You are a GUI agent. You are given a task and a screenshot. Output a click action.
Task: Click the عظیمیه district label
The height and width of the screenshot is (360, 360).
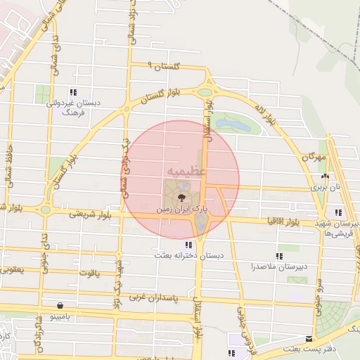(186, 171)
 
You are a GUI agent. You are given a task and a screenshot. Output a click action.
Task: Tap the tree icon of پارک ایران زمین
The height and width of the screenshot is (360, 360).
(182, 197)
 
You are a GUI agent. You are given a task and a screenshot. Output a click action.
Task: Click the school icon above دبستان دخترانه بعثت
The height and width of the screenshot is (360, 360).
(188, 245)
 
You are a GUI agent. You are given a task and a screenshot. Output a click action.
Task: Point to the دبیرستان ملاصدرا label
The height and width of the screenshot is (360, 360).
(275, 267)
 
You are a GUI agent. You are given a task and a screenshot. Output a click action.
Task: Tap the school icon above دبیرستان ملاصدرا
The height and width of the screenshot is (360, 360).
(279, 256)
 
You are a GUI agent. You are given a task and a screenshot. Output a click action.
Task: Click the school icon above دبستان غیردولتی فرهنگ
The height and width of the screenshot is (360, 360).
(73, 92)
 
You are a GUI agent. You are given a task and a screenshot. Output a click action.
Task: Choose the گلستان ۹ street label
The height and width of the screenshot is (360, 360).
(164, 65)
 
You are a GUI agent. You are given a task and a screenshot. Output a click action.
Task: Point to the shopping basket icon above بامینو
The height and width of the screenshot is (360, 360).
(60, 306)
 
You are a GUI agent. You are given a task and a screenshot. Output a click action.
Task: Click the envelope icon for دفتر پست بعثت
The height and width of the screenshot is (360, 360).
(309, 339)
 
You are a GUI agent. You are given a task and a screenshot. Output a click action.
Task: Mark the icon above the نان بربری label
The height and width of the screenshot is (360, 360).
(324, 176)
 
